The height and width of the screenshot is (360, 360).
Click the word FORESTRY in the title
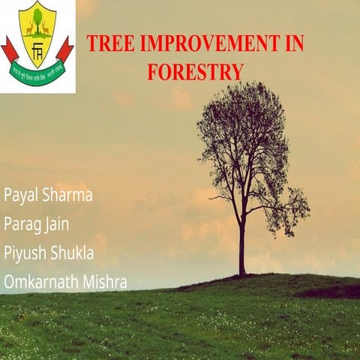195,71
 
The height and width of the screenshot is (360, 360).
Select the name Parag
22,225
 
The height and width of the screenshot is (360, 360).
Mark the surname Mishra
103,282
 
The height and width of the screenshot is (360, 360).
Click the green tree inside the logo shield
37,18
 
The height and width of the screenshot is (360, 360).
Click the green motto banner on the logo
37,74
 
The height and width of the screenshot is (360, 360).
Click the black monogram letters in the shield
37,50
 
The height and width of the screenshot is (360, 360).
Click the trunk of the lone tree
242,247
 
